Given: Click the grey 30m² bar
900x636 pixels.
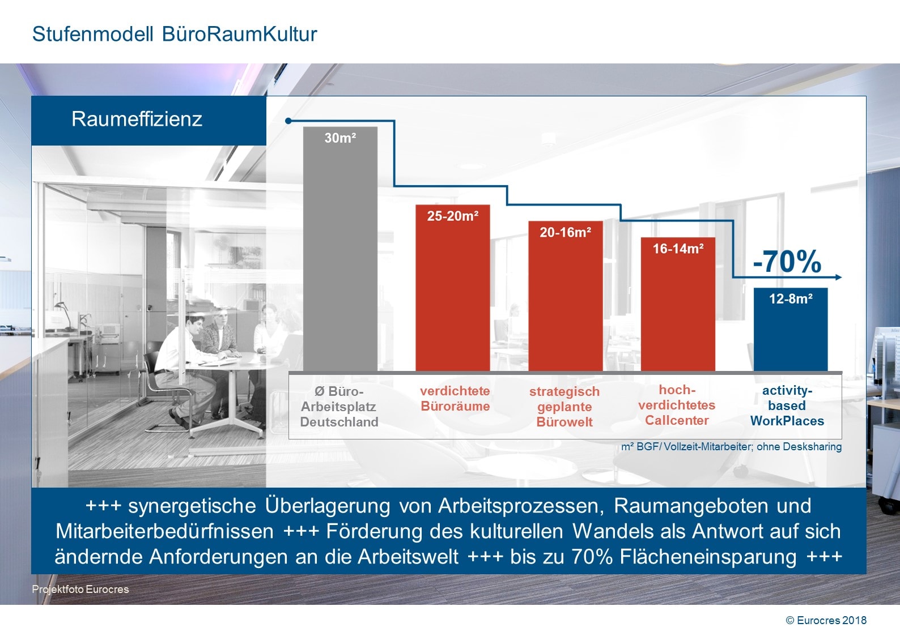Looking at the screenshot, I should coord(340,249).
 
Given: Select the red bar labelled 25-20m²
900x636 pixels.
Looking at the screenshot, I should coord(452,289).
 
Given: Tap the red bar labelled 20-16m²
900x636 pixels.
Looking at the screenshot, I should coord(565,297).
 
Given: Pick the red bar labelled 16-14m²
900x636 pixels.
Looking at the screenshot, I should coord(678,306).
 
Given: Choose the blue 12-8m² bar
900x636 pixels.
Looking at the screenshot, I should coord(790,331).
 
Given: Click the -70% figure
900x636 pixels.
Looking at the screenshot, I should coord(787,262).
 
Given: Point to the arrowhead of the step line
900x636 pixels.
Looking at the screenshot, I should coord(839,278).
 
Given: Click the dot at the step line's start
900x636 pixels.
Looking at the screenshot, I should coord(288,121).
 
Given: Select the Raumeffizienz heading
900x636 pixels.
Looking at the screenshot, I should coord(137,119).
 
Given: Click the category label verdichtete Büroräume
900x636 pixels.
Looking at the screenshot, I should coord(455,399).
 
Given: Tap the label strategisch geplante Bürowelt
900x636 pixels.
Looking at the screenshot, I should coord(564,407).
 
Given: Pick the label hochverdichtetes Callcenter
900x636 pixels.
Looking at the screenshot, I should coord(677,405).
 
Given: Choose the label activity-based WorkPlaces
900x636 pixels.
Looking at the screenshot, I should coord(787,405).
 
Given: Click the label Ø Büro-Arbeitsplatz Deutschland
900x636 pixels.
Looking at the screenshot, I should coord(339,407).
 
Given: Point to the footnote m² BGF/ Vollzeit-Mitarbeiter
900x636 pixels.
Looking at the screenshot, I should coord(731,447).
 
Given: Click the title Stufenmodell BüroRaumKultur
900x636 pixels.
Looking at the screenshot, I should coord(175,34).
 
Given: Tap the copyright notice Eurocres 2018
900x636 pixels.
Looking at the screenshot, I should coord(826,620).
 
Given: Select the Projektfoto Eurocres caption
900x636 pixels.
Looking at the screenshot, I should coord(80,589).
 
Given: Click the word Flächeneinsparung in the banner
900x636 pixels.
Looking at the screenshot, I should coord(708,557).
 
